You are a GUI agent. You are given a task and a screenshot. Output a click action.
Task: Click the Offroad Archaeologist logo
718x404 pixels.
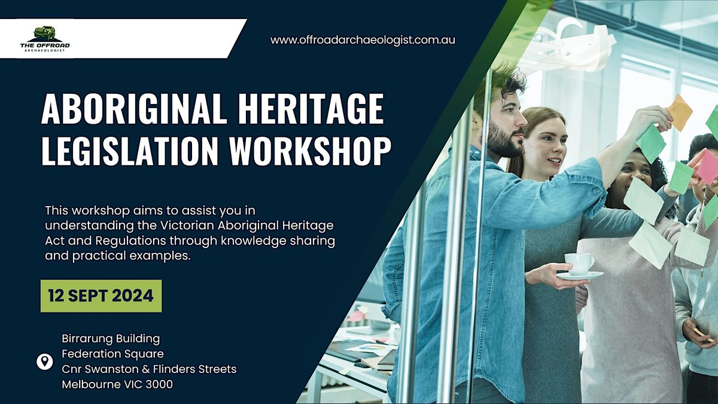(45, 38)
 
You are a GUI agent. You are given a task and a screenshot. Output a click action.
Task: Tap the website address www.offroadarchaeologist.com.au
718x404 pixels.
(363, 40)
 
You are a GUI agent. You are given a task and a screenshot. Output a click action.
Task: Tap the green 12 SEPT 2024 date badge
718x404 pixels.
(101, 295)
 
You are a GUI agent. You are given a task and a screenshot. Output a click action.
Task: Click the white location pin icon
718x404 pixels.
(44, 361)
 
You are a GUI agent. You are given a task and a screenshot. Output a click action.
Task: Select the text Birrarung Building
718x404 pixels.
(111, 339)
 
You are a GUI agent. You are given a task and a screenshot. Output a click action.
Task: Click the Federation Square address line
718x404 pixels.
(112, 354)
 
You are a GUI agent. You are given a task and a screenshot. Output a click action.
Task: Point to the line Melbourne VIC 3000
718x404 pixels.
(117, 384)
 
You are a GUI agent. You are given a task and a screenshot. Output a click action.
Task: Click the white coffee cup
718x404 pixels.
(579, 263)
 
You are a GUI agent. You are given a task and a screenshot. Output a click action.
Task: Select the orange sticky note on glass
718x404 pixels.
(679, 112)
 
